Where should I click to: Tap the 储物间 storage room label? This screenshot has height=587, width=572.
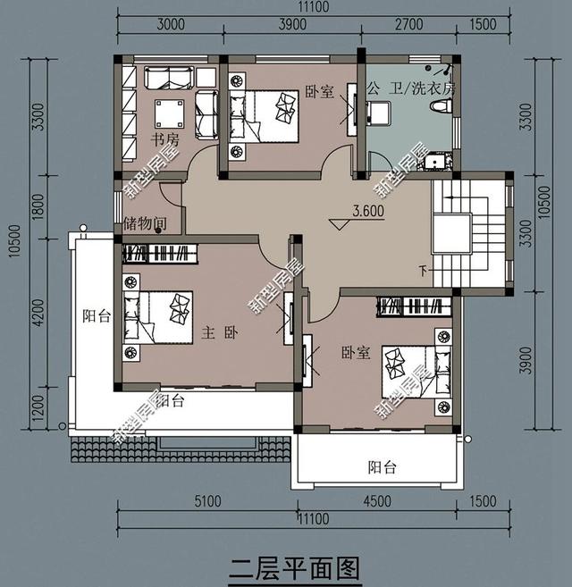[x=142, y=223]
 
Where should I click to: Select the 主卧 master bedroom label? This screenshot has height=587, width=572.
[x=220, y=332]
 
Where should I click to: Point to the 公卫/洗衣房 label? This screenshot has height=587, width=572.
[x=411, y=89]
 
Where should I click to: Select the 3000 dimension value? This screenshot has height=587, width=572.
[x=170, y=24]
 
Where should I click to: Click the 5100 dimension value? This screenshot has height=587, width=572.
[x=207, y=501]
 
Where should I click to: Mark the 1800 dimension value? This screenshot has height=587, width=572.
[x=38, y=207]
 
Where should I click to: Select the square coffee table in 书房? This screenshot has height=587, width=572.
[x=170, y=113]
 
